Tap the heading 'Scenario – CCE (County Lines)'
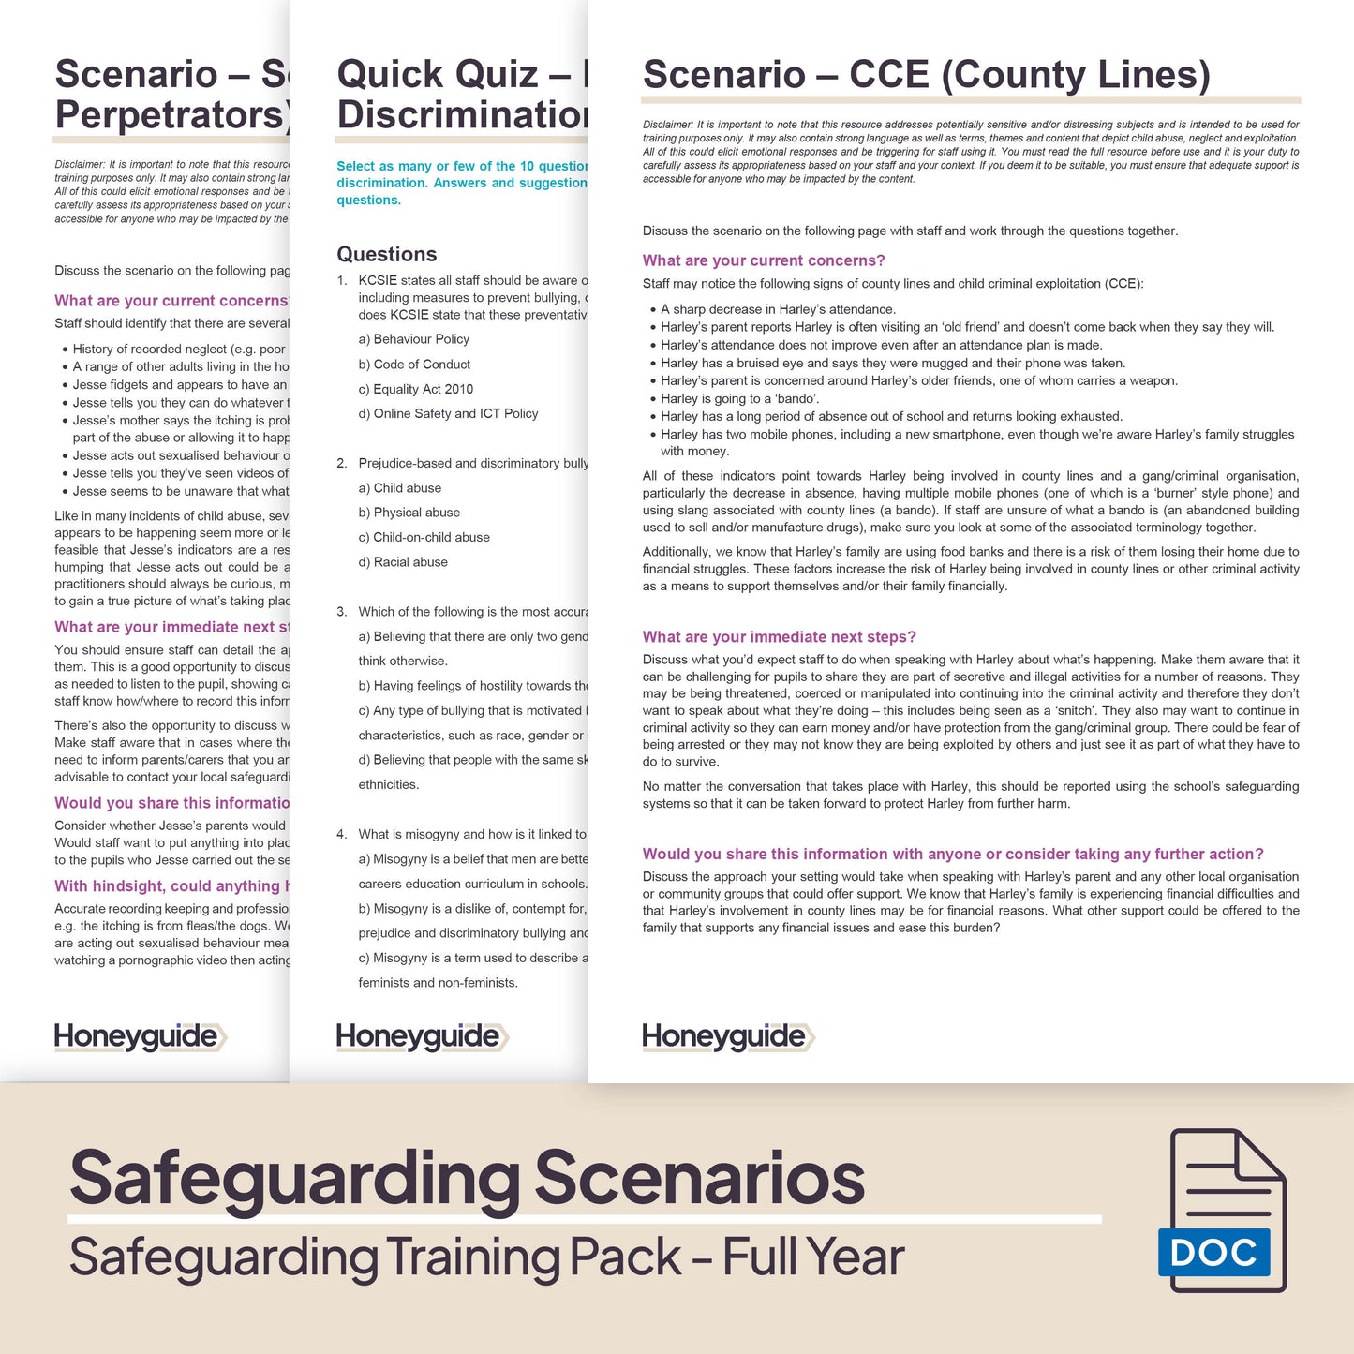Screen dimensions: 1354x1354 click(x=926, y=75)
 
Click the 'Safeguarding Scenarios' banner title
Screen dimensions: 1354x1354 click(x=467, y=1178)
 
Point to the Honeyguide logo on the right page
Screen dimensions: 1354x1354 click(x=727, y=1036)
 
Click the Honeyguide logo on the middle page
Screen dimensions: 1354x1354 click(x=422, y=1036)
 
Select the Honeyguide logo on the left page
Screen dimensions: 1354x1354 click(x=140, y=1036)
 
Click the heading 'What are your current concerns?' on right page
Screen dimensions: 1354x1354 click(x=763, y=260)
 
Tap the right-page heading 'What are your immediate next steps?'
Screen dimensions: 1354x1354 click(x=779, y=637)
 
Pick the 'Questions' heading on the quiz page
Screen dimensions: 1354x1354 click(x=386, y=254)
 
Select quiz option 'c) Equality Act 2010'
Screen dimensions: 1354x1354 click(x=415, y=389)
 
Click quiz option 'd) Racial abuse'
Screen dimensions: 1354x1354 click(x=403, y=562)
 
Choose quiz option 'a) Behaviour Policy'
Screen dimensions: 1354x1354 click(x=413, y=339)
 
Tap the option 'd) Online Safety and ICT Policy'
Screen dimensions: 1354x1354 click(x=448, y=413)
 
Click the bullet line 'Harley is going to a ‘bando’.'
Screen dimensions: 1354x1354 click(x=739, y=398)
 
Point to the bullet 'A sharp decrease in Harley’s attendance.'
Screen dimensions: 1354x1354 click(x=778, y=309)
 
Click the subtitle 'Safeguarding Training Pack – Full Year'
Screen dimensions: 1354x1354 click(x=486, y=1257)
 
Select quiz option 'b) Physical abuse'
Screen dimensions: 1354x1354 click(x=409, y=513)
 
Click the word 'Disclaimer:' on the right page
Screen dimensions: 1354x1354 click(x=667, y=125)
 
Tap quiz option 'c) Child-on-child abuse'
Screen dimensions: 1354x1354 click(x=424, y=537)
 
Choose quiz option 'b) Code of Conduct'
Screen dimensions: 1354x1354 click(x=414, y=365)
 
